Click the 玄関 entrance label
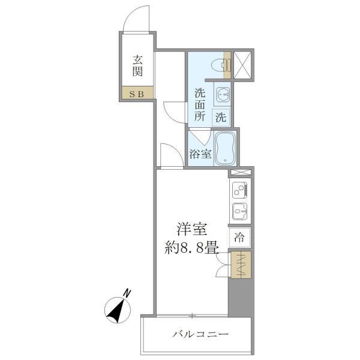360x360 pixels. click(137, 65)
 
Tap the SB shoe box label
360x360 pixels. click(137, 94)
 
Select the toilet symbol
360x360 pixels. click(220, 65)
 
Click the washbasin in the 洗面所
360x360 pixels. click(222, 94)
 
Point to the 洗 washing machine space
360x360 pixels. click(221, 118)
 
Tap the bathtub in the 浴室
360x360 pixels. click(225, 148)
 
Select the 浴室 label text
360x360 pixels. click(200, 154)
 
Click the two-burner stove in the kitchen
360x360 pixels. click(239, 190)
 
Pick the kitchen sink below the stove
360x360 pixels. click(239, 211)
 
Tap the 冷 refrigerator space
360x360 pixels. click(239, 238)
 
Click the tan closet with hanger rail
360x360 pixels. click(241, 265)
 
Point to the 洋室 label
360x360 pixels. click(192, 229)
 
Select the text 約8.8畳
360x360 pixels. click(191, 247)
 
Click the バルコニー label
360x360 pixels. click(200, 334)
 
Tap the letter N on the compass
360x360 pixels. click(127, 293)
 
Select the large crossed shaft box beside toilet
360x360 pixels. click(242, 65)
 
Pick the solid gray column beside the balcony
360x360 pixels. click(239, 298)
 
